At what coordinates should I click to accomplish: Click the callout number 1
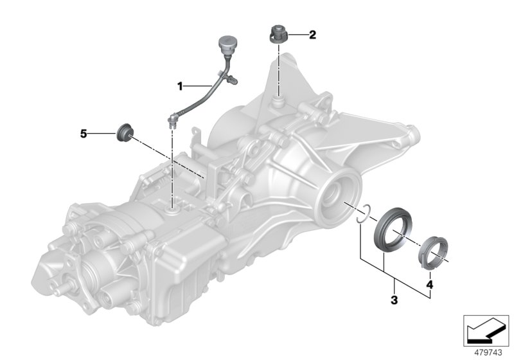tap(181, 85)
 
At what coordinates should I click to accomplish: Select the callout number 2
tap(312, 35)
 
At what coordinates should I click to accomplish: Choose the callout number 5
tap(83, 134)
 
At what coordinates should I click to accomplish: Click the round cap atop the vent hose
tap(227, 43)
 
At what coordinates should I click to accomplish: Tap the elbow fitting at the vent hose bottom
tap(173, 119)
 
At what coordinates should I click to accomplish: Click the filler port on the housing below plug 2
tap(278, 101)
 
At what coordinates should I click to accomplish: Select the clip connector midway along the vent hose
tap(232, 80)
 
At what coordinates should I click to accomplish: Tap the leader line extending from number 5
tap(100, 134)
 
